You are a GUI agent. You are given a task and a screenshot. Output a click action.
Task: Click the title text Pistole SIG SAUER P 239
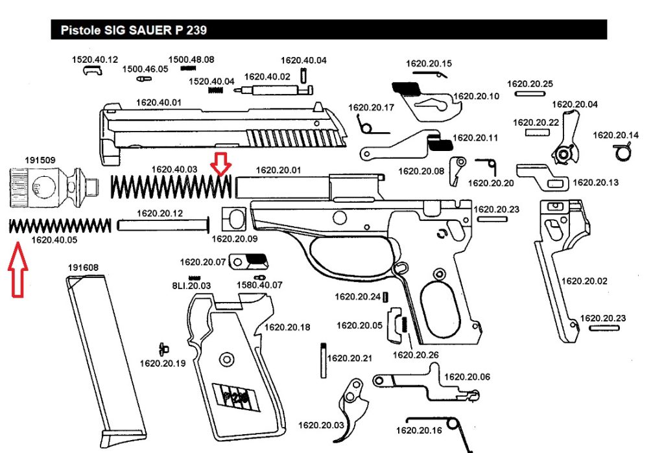(134, 30)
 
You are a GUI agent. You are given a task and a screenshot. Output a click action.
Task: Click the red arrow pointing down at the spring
(222, 165)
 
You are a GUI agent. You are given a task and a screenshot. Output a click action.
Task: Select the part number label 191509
(40, 159)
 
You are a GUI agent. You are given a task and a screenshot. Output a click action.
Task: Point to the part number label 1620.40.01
(158, 102)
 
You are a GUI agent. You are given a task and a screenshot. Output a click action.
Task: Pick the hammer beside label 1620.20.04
(567, 139)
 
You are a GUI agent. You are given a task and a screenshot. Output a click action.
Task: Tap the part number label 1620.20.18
(287, 327)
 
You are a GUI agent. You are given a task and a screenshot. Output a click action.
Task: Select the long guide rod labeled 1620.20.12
(164, 226)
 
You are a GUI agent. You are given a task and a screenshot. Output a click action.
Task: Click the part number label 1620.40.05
(54, 240)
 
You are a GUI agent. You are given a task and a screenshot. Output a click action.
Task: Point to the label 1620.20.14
(616, 135)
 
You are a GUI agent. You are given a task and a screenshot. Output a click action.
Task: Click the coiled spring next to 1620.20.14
(622, 152)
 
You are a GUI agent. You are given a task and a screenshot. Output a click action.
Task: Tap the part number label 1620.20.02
(584, 281)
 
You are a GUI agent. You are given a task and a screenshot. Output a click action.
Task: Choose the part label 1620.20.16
(419, 430)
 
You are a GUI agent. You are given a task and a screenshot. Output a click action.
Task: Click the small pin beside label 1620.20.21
(323, 360)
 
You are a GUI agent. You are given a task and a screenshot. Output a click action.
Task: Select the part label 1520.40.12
(95, 60)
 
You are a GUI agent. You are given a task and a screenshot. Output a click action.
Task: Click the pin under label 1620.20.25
(530, 93)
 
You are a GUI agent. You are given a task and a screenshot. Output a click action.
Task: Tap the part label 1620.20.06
(467, 377)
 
